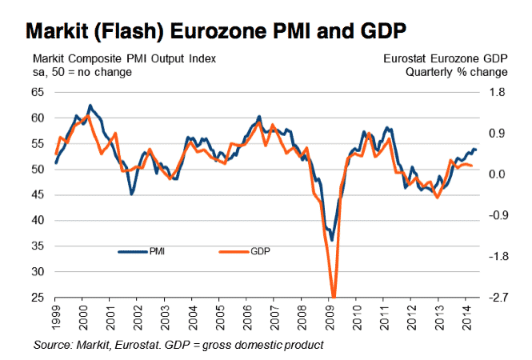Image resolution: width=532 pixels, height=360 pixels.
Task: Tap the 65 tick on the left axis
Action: [x=38, y=92]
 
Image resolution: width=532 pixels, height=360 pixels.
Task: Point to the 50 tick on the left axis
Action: [x=38, y=170]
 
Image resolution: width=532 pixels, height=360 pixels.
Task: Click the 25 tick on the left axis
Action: [x=38, y=298]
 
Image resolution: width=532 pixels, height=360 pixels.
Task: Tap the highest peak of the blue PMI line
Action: [x=90, y=106]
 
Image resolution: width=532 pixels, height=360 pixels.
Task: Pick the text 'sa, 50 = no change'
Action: [x=82, y=72]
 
